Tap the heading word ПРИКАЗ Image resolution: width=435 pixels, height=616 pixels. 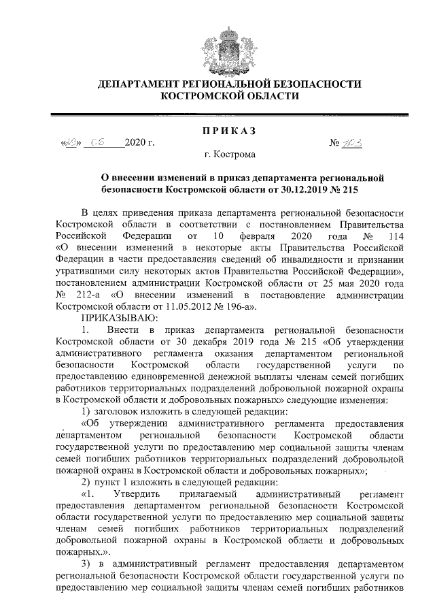pyautogui.click(x=217, y=129)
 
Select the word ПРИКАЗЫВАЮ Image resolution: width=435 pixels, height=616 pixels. pyautogui.click(x=120, y=318)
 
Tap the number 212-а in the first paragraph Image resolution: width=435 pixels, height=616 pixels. pyautogui.click(x=87, y=295)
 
